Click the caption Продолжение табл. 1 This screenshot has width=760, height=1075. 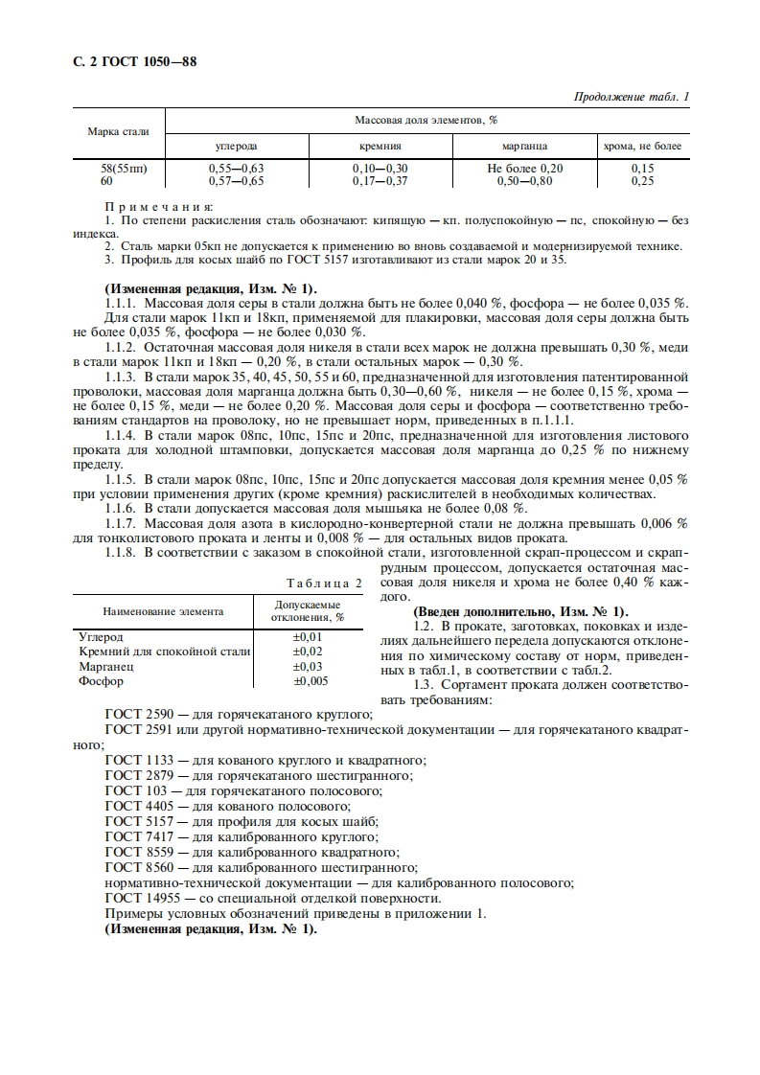click(x=631, y=97)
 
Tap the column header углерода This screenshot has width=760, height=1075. click(x=235, y=146)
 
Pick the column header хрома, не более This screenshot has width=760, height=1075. click(x=642, y=146)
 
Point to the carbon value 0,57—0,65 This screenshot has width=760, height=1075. click(x=236, y=180)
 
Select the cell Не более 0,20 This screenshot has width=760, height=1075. click(x=524, y=169)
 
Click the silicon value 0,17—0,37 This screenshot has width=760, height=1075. click(x=380, y=180)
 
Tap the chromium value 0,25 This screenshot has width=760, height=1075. click(x=642, y=180)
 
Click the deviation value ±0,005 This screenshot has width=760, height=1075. click(x=310, y=681)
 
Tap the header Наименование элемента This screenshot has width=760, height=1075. click(x=163, y=610)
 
